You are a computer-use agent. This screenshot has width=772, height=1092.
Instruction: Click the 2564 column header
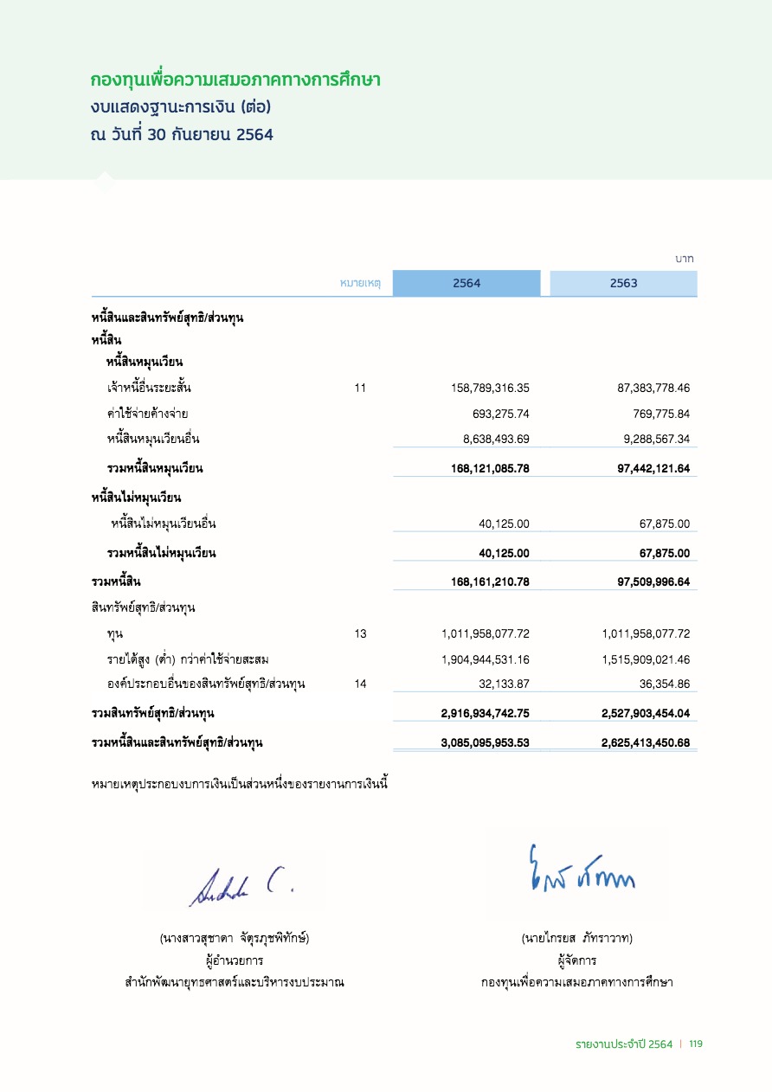(466, 284)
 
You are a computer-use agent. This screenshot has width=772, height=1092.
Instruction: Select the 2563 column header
(623, 284)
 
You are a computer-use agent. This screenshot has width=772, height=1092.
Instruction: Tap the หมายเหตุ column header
(361, 284)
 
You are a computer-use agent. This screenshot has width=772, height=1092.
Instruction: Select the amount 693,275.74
(496, 414)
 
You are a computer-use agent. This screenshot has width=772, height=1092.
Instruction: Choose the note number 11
(360, 389)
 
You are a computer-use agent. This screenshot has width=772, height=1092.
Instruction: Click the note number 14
(360, 684)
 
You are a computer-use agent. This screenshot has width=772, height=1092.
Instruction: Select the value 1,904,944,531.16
(485, 659)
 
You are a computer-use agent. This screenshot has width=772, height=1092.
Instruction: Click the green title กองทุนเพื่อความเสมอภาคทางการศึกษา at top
(236, 80)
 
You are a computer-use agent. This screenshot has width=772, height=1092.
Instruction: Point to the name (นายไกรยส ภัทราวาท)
(577, 938)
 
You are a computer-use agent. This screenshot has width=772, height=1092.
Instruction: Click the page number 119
(696, 1044)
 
